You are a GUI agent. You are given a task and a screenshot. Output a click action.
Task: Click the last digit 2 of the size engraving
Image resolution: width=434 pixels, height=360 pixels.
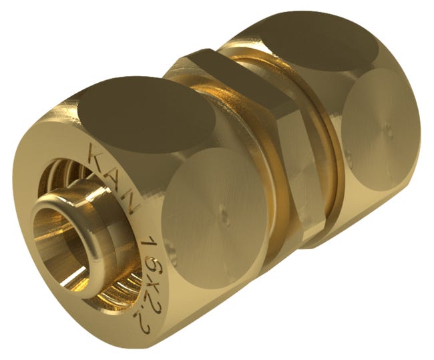point(145,327)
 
